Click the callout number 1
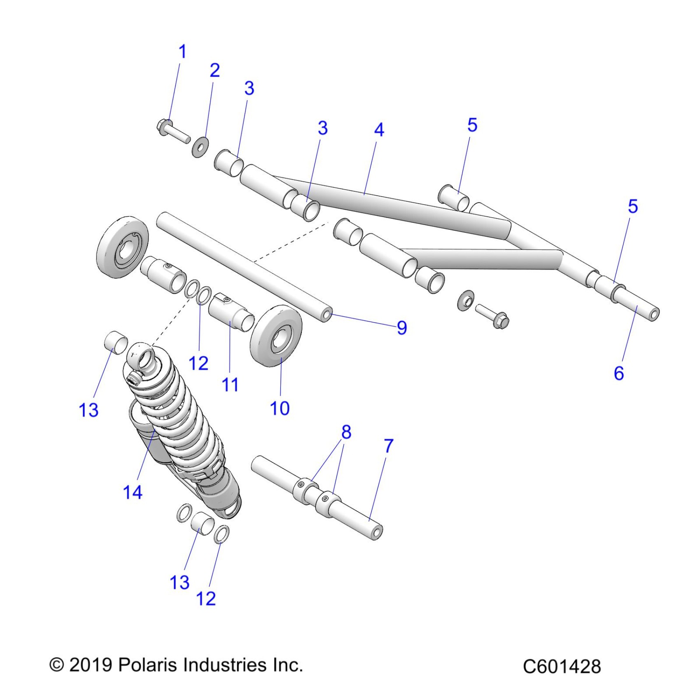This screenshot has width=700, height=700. click(x=182, y=52)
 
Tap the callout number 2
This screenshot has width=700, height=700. click(x=215, y=71)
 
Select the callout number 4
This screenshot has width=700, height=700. click(x=379, y=130)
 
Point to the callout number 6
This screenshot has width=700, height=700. click(x=619, y=373)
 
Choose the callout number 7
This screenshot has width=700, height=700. click(x=388, y=446)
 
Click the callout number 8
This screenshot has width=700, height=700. click(x=346, y=432)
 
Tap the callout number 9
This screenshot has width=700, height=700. click(x=401, y=328)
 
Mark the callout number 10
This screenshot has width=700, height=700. click(x=280, y=408)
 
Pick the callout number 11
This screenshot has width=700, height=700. click(x=230, y=385)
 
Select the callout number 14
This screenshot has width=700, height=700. click(x=133, y=492)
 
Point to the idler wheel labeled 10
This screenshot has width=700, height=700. click(x=276, y=336)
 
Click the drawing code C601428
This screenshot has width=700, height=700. click(x=562, y=667)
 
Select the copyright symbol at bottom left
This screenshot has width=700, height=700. click(x=57, y=665)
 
